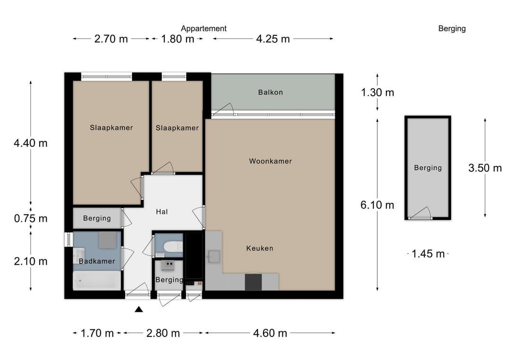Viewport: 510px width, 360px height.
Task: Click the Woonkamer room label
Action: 270,161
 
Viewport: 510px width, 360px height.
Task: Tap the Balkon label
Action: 270,92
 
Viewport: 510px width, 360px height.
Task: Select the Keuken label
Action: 260,248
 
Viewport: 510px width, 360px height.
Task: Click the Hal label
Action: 161,212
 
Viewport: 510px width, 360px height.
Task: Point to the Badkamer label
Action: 97,261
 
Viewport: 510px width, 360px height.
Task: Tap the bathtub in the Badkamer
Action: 97,281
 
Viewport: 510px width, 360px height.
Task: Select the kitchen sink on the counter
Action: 214,256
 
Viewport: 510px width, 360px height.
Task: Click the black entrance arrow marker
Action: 139,310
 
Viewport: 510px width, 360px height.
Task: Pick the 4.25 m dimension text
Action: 272,39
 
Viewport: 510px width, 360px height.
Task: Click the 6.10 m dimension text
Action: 377,205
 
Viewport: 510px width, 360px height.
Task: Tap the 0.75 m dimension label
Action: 31,218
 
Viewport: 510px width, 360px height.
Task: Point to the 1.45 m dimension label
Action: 428,254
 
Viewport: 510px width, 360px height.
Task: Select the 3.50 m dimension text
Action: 485,168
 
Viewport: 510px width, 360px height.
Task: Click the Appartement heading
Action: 204,29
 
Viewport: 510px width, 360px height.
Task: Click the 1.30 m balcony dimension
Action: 377,92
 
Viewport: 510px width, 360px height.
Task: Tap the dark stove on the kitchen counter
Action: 254,282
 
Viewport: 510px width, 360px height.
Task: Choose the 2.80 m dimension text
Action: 163,334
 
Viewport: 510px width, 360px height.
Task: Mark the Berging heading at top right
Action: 452,29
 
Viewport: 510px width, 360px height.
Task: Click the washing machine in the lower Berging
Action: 169,266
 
